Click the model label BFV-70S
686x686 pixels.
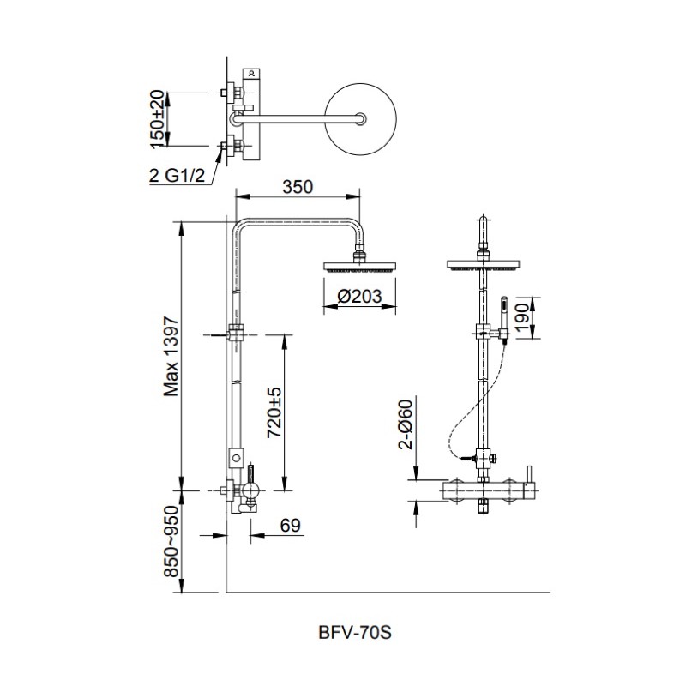[355, 632]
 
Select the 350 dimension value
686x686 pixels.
[298, 187]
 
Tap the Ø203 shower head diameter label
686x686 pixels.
[359, 297]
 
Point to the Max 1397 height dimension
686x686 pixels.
[171, 357]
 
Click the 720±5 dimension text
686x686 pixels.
[274, 412]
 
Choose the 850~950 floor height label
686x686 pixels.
[171, 542]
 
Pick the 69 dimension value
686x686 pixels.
[291, 526]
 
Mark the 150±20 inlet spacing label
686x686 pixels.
[157, 119]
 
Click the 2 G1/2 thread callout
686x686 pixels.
[177, 176]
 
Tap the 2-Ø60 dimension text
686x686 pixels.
[405, 424]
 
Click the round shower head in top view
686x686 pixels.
[360, 119]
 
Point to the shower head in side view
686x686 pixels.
[359, 266]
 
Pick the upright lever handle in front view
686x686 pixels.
[530, 474]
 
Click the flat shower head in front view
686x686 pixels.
[483, 265]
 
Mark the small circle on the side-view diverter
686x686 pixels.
[237, 458]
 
